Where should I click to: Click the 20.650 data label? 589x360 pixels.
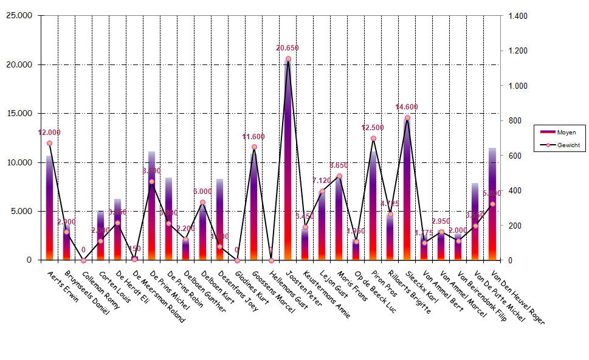click(288, 48)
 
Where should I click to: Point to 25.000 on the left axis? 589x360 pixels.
click(21, 16)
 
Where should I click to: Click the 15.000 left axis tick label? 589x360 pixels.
click(21, 114)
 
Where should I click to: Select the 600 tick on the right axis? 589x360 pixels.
click(515, 156)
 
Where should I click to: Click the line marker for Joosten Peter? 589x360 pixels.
click(288, 59)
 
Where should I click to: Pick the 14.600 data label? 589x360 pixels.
click(407, 107)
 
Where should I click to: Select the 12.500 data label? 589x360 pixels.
click(373, 128)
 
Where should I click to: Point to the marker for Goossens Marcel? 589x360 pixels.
click(254, 147)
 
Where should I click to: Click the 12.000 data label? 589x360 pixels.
click(49, 133)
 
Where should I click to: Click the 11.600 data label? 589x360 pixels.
click(253, 136)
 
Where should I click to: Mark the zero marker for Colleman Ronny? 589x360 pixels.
click(83, 260)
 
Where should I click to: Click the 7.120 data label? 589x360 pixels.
click(322, 181)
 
